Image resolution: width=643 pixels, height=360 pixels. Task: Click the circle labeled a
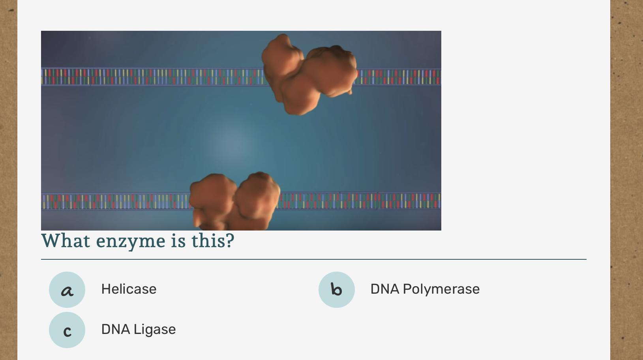click(x=67, y=290)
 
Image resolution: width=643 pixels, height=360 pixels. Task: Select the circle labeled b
click(x=336, y=290)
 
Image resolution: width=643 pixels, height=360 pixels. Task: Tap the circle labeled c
click(x=67, y=330)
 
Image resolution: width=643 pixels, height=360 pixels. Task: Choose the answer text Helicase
click(x=129, y=289)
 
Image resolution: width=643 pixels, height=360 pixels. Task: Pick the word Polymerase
click(x=441, y=289)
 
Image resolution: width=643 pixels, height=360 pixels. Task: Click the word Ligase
click(x=155, y=330)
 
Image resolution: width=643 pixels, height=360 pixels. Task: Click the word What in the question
click(x=66, y=240)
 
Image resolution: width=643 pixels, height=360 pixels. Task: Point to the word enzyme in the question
click(x=131, y=242)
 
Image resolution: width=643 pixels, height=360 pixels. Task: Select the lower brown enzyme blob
click(x=234, y=202)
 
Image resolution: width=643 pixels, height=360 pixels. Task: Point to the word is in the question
click(x=178, y=240)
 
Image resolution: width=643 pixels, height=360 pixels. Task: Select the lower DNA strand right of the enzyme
click(x=360, y=201)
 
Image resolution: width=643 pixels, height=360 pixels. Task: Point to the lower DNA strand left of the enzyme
click(x=116, y=201)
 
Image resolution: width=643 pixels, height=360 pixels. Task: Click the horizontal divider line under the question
click(x=314, y=259)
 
